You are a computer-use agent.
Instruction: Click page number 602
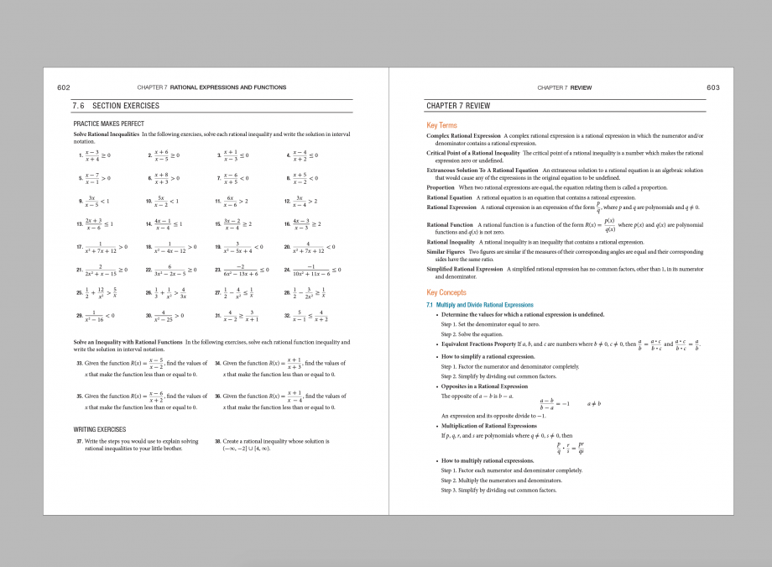coord(63,87)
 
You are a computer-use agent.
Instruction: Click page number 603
coord(713,87)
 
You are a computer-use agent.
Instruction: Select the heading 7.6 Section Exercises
coord(116,106)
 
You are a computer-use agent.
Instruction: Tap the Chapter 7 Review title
coord(458,106)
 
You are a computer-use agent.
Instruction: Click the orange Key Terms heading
coord(441,125)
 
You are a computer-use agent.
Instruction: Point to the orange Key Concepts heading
coord(446,292)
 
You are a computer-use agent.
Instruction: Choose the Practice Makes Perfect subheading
coord(109,123)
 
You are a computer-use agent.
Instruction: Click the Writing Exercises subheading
coord(100,429)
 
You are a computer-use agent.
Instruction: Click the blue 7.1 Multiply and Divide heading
coord(479,305)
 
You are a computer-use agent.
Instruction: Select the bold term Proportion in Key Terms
coord(441,187)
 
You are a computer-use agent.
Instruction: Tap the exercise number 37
coord(79,441)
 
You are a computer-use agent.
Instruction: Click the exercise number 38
coord(218,441)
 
